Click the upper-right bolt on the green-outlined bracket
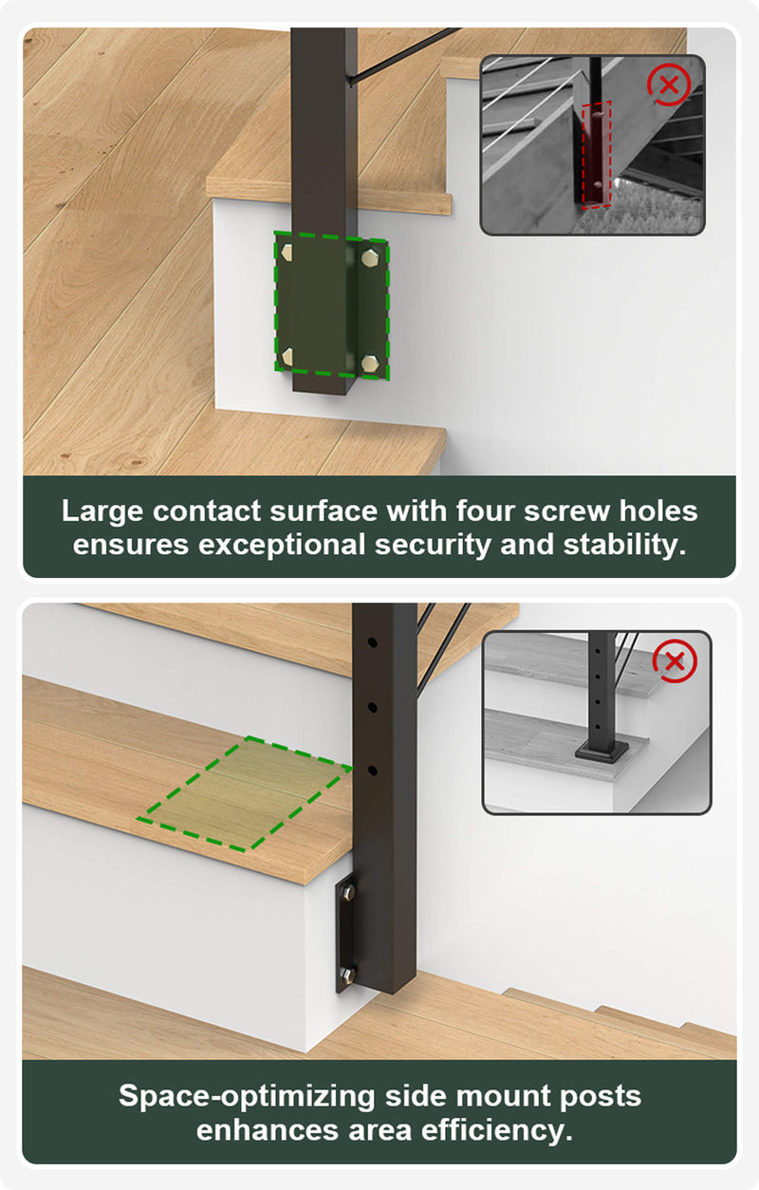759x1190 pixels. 370,258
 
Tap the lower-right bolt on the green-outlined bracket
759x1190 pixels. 370,363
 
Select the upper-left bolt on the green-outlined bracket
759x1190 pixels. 287,252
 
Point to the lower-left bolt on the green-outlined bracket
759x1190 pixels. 287,357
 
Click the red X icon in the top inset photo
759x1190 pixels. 669,84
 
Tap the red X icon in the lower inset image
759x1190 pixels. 675,661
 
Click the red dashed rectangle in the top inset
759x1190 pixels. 597,154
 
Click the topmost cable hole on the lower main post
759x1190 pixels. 372,642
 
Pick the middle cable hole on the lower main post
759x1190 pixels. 372,708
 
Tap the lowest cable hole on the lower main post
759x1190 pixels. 372,771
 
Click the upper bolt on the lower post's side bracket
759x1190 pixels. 349,892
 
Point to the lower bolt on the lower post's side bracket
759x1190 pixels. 348,975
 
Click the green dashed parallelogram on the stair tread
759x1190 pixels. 245,793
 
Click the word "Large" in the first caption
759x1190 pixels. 102,511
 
